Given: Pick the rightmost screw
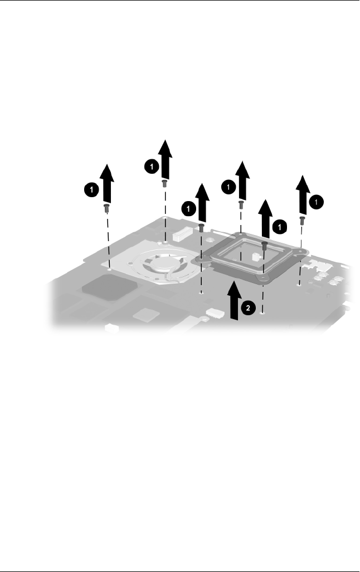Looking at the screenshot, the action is [301, 220].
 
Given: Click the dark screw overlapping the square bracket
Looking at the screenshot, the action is [265, 245].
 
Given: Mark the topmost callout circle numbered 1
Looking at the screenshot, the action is [149, 167].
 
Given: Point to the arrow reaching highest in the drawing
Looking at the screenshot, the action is [165, 157].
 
